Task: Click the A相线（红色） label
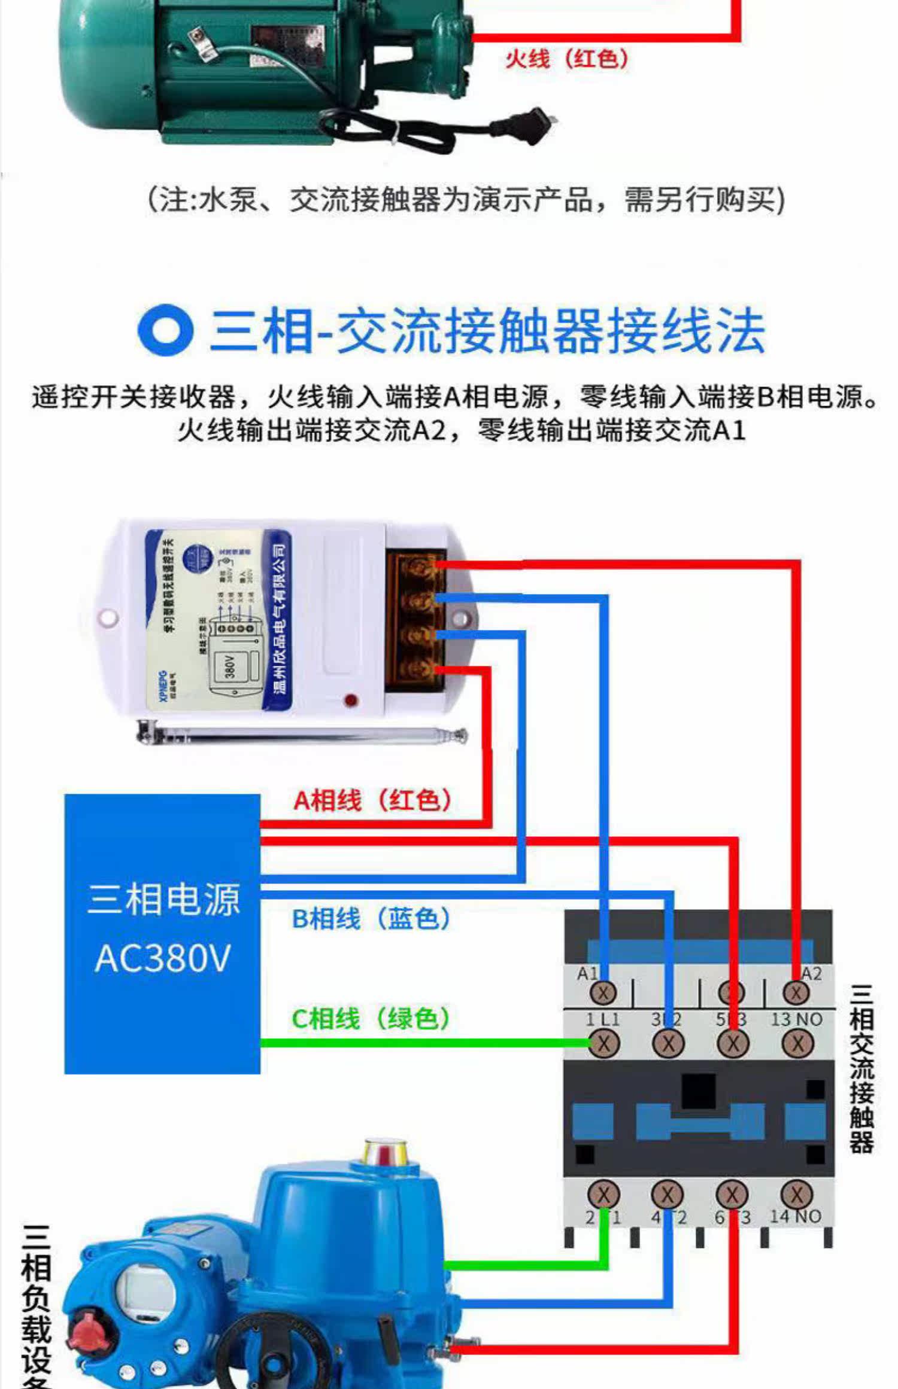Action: pyautogui.click(x=372, y=800)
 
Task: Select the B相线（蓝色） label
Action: pyautogui.click(x=371, y=918)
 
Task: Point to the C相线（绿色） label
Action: pyautogui.click(x=371, y=1018)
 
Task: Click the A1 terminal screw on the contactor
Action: pyautogui.click(x=603, y=993)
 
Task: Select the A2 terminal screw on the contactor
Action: pyautogui.click(x=796, y=993)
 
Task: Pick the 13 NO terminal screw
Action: pyautogui.click(x=797, y=1044)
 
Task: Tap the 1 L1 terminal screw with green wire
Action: pyautogui.click(x=603, y=1044)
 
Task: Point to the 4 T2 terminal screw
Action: pyautogui.click(x=668, y=1195)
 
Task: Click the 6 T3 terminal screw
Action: pyautogui.click(x=732, y=1195)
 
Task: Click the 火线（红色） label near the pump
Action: pyautogui.click(x=566, y=59)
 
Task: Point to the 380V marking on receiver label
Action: pyautogui.click(x=230, y=666)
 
